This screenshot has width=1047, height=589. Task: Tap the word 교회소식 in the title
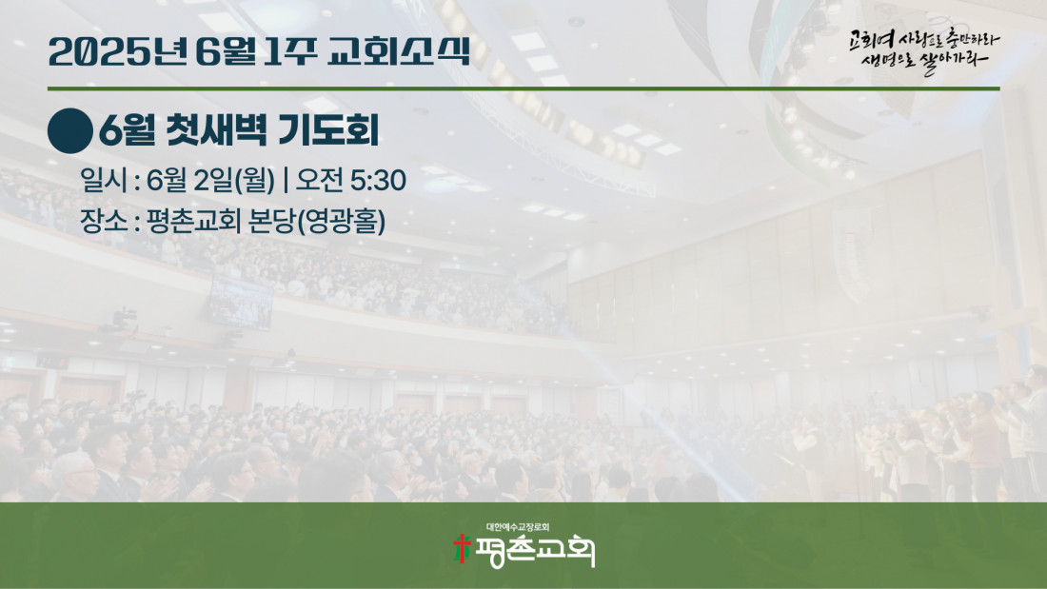coord(399,51)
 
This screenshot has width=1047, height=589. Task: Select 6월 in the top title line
coord(226,52)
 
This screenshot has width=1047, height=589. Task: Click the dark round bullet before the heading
coord(70,131)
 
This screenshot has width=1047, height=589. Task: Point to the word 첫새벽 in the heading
coord(216,129)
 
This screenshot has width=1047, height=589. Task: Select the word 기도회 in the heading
coord(327,129)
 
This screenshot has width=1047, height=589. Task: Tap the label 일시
coord(104,180)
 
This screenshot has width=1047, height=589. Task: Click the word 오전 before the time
coord(319,180)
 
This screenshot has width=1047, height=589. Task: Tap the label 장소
coord(104,221)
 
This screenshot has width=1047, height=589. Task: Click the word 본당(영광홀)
coord(316,222)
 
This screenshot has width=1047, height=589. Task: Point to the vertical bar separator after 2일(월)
coord(286,180)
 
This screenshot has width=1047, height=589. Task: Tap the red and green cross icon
coord(462,549)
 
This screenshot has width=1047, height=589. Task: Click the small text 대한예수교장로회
coord(518,527)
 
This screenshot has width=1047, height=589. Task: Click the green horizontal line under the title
coord(523,88)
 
